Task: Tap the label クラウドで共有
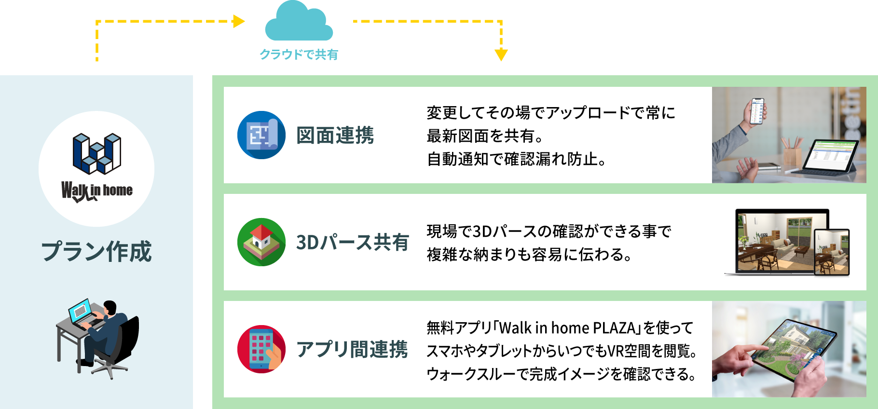(x=299, y=55)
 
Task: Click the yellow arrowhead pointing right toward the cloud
(x=239, y=21)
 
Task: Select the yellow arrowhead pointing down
(x=501, y=55)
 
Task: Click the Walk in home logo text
(x=96, y=191)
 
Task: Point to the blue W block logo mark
(x=96, y=153)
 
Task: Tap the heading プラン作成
(x=96, y=251)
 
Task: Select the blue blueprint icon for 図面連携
(x=261, y=135)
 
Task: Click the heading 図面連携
(x=335, y=136)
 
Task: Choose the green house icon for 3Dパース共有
(x=261, y=242)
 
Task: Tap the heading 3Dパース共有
(x=353, y=242)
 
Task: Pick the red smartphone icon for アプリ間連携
(x=261, y=349)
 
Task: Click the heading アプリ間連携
(x=353, y=349)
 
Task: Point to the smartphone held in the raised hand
(x=757, y=111)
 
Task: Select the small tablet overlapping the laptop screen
(x=831, y=252)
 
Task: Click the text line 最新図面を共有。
(x=484, y=136)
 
